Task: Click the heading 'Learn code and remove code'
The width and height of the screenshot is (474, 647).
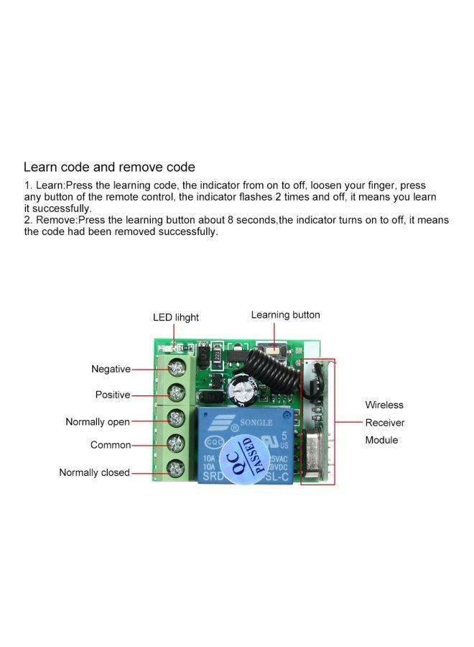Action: pos(109,167)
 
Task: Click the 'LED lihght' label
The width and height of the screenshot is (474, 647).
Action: pos(175,317)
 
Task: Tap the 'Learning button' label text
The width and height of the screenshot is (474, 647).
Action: pos(285,315)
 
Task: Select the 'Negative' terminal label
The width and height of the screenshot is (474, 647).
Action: pos(111,369)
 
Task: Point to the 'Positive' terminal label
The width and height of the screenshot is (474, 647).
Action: pos(113,395)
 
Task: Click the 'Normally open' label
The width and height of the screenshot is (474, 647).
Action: pos(98,421)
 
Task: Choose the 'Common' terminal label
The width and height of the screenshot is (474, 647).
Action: pos(111,445)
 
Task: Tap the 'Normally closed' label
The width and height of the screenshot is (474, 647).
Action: pos(94,472)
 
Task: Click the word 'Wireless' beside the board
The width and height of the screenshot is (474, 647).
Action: pos(384,405)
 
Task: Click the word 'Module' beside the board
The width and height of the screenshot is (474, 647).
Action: pos(381,440)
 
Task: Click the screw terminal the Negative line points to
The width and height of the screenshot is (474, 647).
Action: pos(174,369)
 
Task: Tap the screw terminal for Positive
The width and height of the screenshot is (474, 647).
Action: pos(174,393)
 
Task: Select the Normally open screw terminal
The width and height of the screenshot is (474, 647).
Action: pos(174,418)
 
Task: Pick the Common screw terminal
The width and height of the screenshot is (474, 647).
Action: pos(174,443)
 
